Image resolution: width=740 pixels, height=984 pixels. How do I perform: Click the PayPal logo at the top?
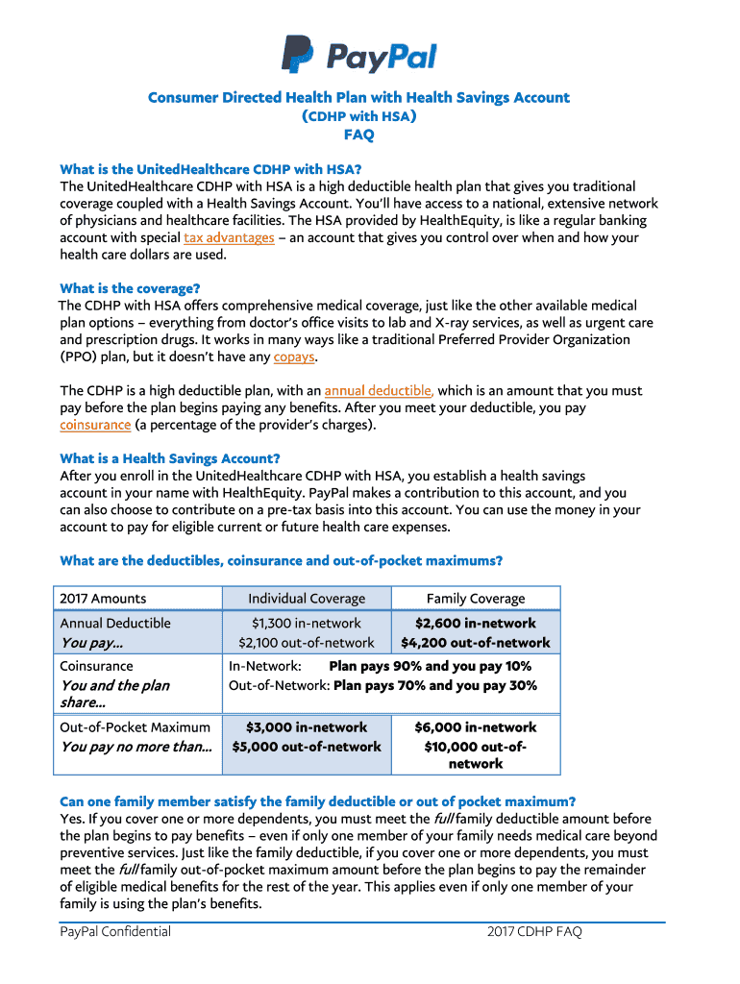(x=358, y=55)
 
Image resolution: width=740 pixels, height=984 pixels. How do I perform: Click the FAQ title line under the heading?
(x=358, y=135)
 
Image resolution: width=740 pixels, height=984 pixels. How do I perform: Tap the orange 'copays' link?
(x=294, y=357)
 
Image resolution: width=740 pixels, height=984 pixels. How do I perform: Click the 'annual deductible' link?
(x=379, y=391)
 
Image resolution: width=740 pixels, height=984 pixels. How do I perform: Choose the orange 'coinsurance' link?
(x=95, y=425)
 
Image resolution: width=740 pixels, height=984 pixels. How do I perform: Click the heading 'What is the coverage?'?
(x=130, y=288)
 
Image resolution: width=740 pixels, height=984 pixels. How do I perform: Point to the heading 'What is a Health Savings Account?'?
(x=170, y=458)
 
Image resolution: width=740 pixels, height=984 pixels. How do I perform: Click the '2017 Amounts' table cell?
(x=103, y=599)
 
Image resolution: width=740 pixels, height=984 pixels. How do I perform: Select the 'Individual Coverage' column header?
(x=307, y=599)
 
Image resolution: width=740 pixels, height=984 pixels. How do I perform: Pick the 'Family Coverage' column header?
(x=476, y=599)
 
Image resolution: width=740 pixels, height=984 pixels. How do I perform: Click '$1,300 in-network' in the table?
(x=307, y=624)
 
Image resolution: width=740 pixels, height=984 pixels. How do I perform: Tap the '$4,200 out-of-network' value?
(x=476, y=643)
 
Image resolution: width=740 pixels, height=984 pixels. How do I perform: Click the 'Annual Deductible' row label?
(x=115, y=624)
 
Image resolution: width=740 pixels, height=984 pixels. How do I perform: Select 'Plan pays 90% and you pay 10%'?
(x=430, y=666)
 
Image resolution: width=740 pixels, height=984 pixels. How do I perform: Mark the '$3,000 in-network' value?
(x=307, y=727)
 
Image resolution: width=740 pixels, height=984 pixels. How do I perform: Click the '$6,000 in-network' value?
(x=476, y=727)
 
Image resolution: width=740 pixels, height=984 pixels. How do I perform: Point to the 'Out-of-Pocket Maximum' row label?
(x=135, y=727)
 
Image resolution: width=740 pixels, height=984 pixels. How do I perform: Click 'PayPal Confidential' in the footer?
(x=115, y=931)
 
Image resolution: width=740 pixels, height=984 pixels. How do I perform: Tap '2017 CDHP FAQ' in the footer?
(x=534, y=931)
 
